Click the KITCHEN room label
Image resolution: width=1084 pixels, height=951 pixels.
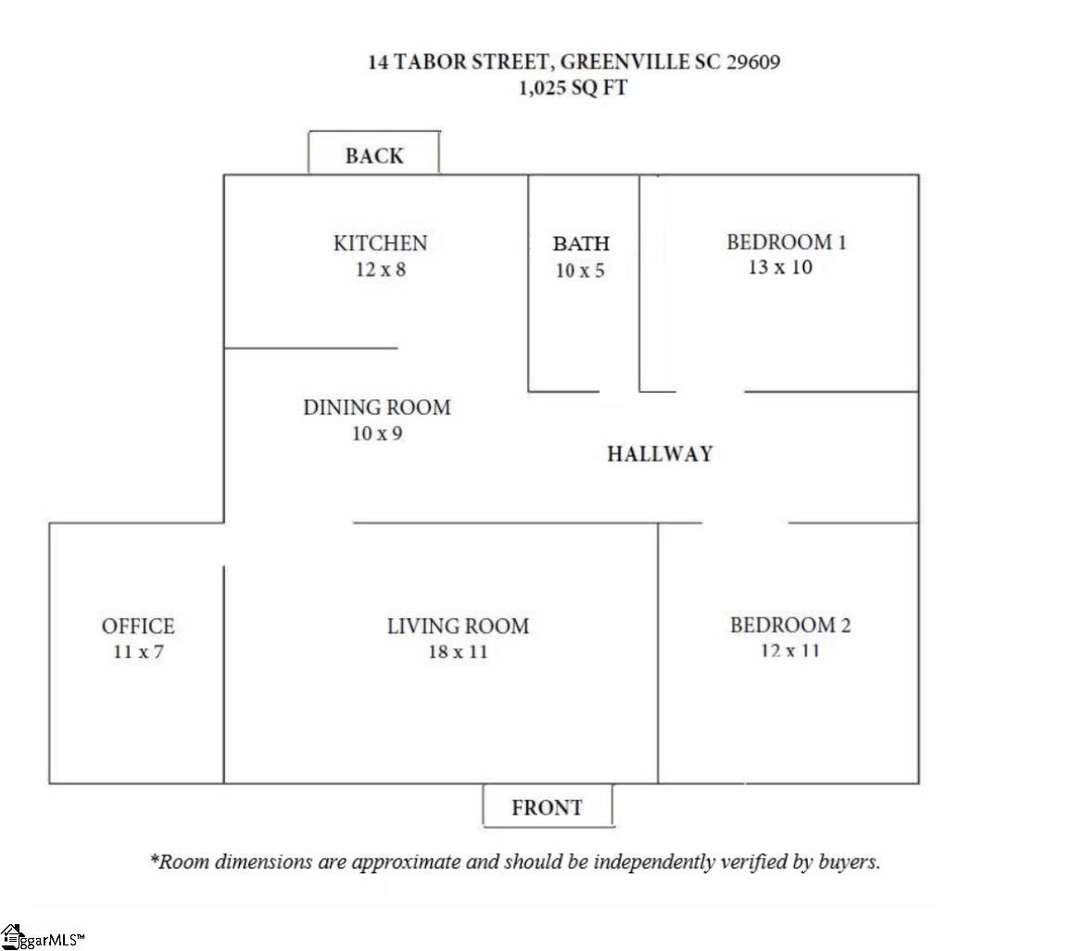[380, 243]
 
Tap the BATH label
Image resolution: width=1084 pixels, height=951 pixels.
[581, 244]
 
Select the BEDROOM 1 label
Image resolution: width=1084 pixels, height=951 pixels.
[786, 242]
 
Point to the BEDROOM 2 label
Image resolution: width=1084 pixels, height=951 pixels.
[790, 626]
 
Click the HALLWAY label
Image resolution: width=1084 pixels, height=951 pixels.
[660, 453]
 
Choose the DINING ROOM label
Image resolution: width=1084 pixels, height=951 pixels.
[377, 408]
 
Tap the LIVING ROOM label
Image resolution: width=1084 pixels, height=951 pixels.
[458, 626]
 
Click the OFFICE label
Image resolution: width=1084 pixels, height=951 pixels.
[138, 626]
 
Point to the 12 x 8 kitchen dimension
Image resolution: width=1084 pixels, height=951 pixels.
[380, 269]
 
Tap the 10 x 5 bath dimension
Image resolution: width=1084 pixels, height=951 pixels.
[580, 271]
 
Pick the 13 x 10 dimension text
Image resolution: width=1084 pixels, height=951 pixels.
[780, 267]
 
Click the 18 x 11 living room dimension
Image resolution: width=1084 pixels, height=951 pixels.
[458, 652]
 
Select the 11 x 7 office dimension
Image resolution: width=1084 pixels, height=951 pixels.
[138, 652]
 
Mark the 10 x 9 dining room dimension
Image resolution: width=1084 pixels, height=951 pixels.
[377, 434]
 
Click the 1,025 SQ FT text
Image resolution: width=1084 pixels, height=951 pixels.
[574, 88]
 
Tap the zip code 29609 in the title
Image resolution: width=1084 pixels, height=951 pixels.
[753, 61]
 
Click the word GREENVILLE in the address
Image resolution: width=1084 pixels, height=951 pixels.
[625, 61]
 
